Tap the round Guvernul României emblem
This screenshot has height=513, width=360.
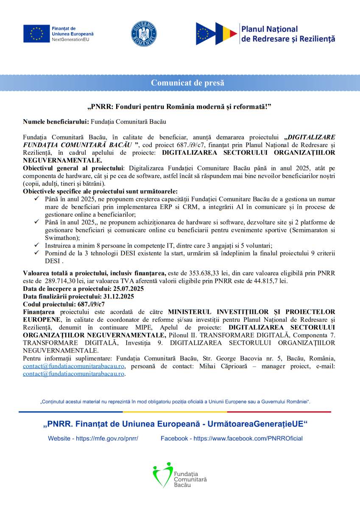click(144, 33)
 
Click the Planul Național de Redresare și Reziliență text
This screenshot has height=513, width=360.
click(288, 34)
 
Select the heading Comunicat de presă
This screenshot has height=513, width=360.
click(188, 83)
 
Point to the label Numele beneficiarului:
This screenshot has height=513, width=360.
click(56, 122)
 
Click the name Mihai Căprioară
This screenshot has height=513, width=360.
click(221, 366)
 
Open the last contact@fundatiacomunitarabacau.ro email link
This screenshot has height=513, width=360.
click(73, 374)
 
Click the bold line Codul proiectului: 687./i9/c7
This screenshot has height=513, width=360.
click(64, 304)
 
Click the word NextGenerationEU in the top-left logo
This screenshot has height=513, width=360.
click(70, 39)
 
